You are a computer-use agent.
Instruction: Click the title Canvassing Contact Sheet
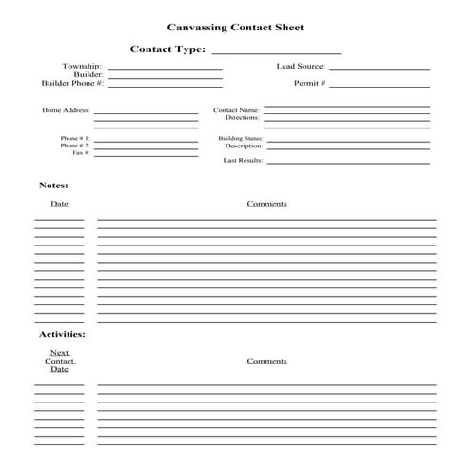coord(235,29)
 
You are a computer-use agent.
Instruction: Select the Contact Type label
coord(167,49)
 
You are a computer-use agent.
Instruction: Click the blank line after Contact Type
coord(275,52)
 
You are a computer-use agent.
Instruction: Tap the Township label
coord(82,67)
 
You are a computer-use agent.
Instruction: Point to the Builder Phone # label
coord(71,84)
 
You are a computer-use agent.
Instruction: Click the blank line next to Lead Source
coord(379,69)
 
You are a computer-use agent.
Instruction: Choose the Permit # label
coord(309,84)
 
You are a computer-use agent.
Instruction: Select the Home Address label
coord(66,110)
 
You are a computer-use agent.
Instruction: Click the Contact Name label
coord(236,110)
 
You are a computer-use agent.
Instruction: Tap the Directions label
coord(242,118)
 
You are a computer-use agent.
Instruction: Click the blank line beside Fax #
coord(146,155)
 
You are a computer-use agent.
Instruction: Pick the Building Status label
coord(240,139)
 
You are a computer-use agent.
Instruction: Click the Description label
coord(243,147)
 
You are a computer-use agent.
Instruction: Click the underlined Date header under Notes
coord(59,204)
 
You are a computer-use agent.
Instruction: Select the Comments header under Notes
coord(266,204)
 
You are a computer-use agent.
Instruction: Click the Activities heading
coord(62,335)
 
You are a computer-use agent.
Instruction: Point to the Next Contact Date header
coord(59,361)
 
